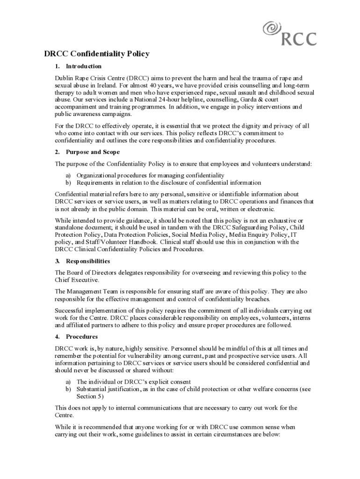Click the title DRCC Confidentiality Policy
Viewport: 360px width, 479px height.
coord(97,54)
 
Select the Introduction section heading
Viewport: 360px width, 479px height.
coord(84,66)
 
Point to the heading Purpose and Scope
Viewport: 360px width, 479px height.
coord(93,152)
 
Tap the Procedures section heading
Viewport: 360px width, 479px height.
coord(82,336)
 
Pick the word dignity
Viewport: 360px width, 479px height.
coord(252,126)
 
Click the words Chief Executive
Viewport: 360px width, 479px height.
coord(77,280)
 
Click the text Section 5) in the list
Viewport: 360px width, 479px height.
coord(90,396)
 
